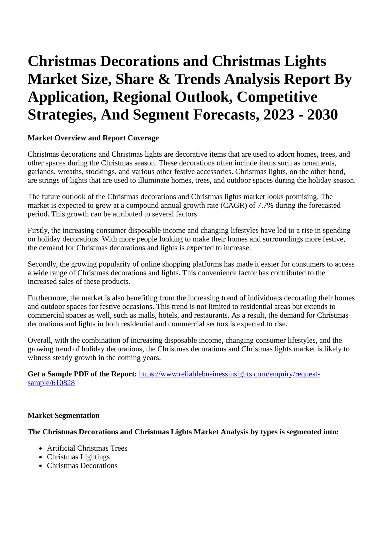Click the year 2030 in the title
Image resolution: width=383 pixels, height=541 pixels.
click(x=322, y=115)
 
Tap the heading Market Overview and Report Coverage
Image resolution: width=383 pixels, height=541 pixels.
click(x=93, y=138)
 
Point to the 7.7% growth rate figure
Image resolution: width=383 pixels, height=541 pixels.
click(x=265, y=205)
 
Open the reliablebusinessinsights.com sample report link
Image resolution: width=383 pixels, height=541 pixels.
click(x=229, y=374)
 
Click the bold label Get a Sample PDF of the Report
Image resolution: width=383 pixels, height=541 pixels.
click(x=82, y=374)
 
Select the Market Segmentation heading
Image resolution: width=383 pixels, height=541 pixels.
click(x=64, y=416)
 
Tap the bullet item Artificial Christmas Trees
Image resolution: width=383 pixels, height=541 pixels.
click(x=87, y=448)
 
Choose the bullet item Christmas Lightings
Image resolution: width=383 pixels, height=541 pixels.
click(x=78, y=457)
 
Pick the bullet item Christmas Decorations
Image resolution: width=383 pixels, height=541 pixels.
click(x=82, y=466)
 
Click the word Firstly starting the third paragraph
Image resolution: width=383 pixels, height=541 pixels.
click(x=38, y=231)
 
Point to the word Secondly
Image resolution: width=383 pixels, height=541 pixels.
click(x=43, y=264)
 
